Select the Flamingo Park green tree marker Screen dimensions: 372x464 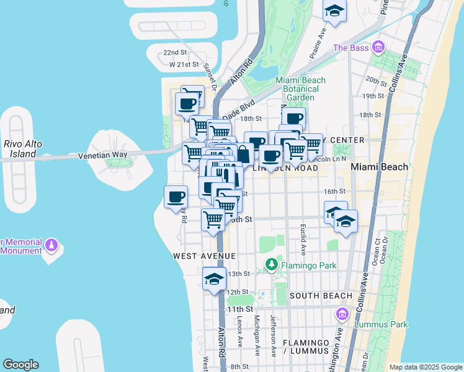click(271, 265)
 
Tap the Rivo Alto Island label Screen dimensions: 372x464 click(23, 148)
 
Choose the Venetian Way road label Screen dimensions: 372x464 click(102, 155)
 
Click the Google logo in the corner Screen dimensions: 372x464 click(20, 365)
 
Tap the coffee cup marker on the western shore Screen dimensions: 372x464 click(176, 197)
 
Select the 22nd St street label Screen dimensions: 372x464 click(175, 53)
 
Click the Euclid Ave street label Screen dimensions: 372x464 click(303, 239)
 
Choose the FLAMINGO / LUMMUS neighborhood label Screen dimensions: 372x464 click(305, 347)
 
